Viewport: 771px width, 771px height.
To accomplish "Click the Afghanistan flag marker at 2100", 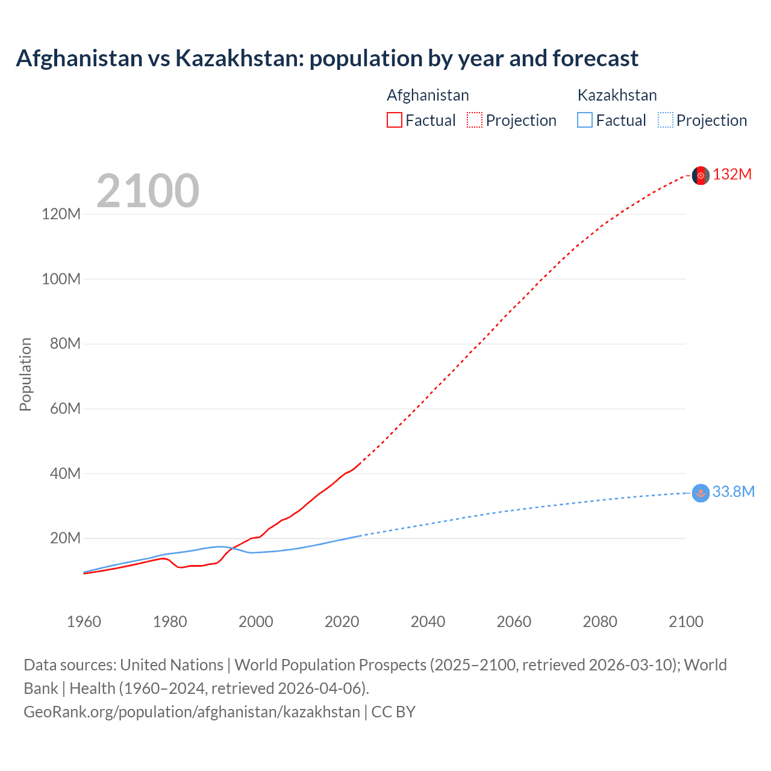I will [x=701, y=175].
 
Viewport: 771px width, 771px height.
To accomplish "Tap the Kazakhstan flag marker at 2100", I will [x=701, y=493].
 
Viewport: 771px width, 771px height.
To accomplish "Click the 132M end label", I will [x=732, y=175].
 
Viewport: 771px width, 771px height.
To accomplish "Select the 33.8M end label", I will [x=734, y=492].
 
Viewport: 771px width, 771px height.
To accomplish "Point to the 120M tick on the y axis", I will [x=61, y=214].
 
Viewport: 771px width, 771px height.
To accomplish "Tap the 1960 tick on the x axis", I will [x=84, y=622].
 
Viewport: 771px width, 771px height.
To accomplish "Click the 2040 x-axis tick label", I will [x=428, y=622].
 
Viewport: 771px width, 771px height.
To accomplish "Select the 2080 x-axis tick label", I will [x=600, y=622].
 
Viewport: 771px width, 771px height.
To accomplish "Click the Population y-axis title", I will [x=25, y=375].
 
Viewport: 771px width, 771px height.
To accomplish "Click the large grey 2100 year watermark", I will [x=148, y=191].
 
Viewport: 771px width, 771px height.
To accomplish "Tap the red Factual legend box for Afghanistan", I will [x=395, y=120].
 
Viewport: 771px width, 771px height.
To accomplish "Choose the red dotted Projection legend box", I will [x=475, y=120].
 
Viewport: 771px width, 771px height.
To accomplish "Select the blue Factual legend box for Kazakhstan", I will [x=585, y=120].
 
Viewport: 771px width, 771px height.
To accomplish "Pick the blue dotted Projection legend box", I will [x=666, y=120].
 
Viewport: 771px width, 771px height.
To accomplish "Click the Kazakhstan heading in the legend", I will [x=617, y=95].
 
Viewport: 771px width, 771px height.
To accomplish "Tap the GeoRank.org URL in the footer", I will [x=192, y=712].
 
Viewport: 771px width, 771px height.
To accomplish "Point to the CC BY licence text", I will [x=393, y=712].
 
